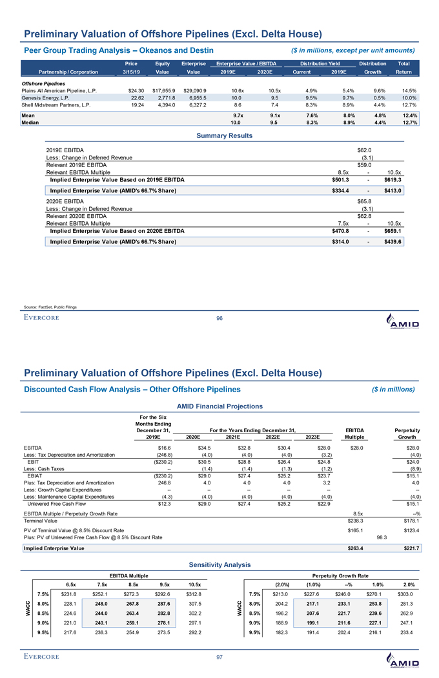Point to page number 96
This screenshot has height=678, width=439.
pos(219,317)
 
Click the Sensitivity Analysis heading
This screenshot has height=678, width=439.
pos(220,564)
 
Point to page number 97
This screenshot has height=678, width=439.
pos(219,657)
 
